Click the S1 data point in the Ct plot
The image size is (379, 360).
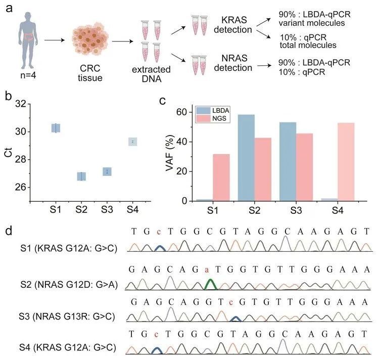tap(56, 128)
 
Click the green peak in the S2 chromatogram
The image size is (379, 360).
tap(212, 283)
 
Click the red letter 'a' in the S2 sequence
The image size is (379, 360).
tap(207, 268)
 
